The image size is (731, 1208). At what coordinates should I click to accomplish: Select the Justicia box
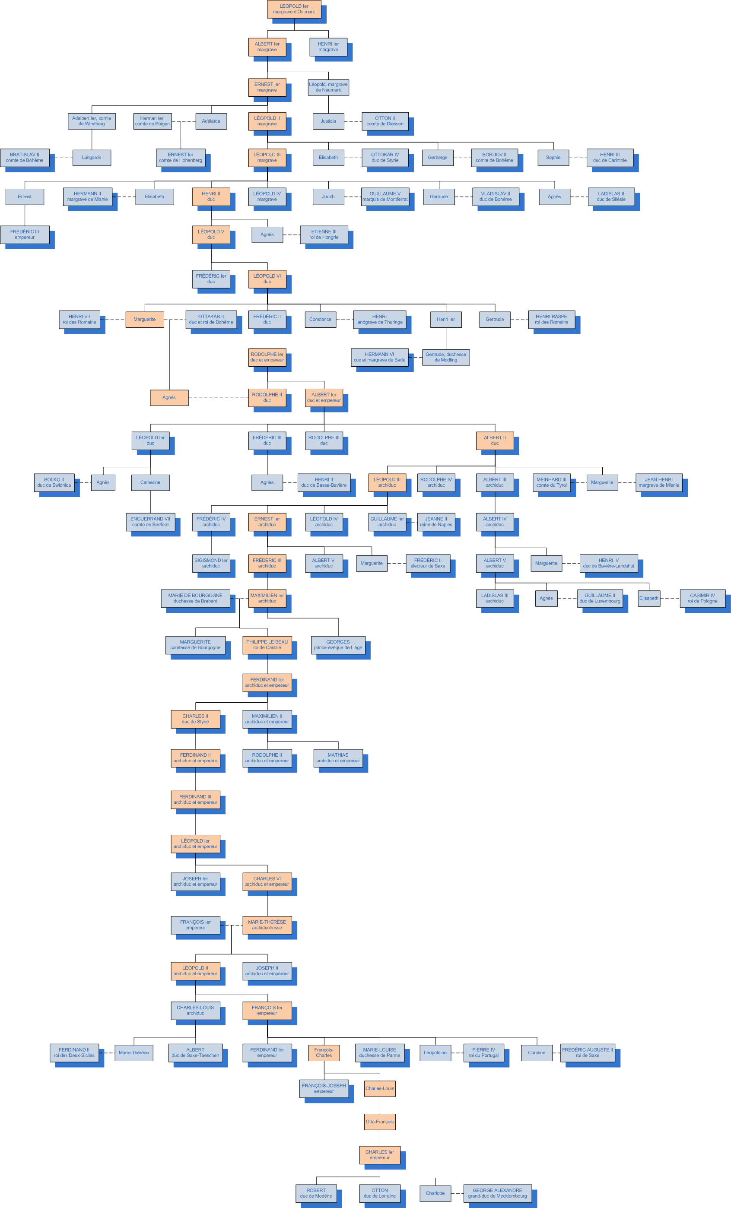tap(328, 121)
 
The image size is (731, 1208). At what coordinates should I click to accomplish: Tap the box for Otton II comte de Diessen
tap(385, 121)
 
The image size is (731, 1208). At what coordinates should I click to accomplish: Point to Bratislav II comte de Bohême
tap(25, 157)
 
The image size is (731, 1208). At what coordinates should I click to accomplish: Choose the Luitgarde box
tap(92, 157)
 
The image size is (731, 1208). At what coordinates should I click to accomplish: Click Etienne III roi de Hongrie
tap(324, 235)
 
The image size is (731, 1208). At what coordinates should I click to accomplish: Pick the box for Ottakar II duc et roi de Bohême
tap(211, 319)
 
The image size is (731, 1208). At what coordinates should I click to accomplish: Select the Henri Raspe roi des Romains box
tap(551, 319)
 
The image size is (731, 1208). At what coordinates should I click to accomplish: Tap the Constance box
tap(320, 319)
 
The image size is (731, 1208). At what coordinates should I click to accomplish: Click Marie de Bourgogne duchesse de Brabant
tap(195, 598)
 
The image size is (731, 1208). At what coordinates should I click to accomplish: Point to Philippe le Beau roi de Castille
tap(267, 645)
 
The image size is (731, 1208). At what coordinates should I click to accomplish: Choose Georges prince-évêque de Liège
tap(338, 645)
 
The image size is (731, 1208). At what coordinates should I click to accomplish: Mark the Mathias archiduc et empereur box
tap(338, 758)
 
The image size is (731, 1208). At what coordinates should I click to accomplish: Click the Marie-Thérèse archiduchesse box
tap(267, 925)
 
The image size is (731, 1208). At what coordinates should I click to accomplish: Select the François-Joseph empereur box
tap(324, 1088)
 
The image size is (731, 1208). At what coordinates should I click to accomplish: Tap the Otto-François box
tap(379, 1122)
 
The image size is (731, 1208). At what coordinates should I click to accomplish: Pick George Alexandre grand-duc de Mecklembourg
tap(497, 1193)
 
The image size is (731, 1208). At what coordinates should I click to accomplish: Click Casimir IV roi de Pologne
tap(702, 598)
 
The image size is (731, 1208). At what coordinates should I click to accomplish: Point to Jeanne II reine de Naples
tap(435, 522)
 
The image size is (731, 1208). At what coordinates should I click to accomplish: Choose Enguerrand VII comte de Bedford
tap(150, 522)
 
